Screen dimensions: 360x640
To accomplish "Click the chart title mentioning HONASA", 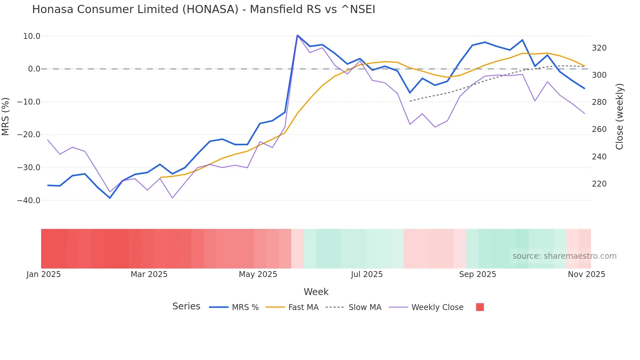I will (203, 9).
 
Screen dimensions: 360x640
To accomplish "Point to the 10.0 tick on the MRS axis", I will (32, 36).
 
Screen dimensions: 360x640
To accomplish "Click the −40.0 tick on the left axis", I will (29, 201).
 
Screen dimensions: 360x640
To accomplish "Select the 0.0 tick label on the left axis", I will (34, 69).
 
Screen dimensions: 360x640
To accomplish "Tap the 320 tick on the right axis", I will (599, 48).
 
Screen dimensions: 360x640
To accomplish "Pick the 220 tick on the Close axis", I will (599, 184).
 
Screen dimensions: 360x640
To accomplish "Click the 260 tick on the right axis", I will (599, 129).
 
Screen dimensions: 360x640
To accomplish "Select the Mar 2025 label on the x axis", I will (149, 274).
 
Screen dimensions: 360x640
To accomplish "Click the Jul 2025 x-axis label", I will (367, 274).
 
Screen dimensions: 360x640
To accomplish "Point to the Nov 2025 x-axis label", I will (586, 274).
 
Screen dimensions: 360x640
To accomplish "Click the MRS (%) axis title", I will (6, 116).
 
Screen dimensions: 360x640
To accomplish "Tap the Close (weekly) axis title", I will (619, 116).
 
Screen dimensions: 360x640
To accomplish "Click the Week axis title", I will (316, 292).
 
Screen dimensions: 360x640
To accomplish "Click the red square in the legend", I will (480, 307).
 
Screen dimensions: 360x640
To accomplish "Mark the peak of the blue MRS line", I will (297, 35).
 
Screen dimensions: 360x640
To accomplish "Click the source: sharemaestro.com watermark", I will (564, 256).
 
